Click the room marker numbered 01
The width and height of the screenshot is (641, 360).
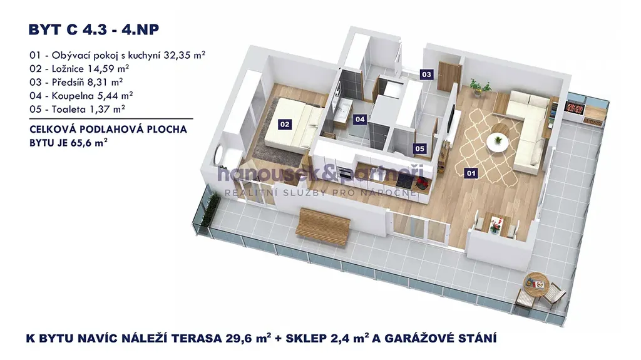tap(471, 173)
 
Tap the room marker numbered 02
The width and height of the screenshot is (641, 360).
tap(285, 124)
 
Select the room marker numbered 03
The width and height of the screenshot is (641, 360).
tap(426, 75)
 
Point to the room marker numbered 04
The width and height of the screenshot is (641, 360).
tap(360, 120)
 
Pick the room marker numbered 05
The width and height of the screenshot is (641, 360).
tap(420, 148)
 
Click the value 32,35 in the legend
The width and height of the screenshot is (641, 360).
tap(177, 55)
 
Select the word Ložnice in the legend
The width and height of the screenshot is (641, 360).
tap(68, 69)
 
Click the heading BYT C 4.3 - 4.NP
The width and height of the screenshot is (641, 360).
tap(94, 30)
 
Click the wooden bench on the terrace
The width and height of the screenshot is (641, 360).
tap(322, 227)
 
